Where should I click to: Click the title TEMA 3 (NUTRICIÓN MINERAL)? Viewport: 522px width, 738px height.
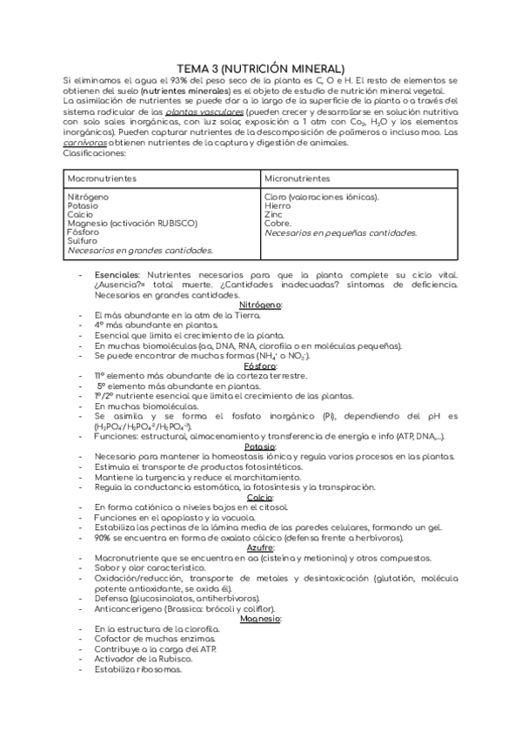[x=261, y=68]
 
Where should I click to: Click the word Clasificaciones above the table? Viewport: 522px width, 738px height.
[x=95, y=153]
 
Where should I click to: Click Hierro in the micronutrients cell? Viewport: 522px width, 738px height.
[x=278, y=206]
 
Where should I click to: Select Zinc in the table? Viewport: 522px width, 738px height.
[x=273, y=215]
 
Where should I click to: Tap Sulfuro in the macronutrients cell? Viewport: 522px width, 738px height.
[x=82, y=241]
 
